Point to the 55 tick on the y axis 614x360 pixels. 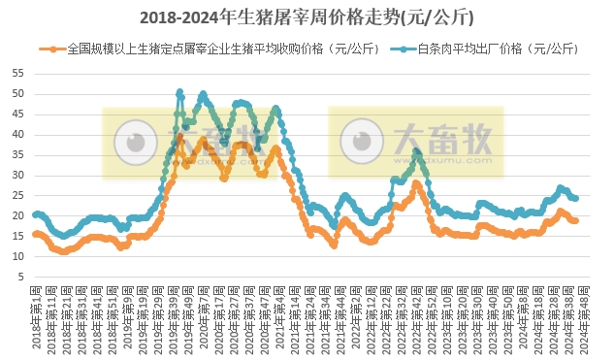click(18, 74)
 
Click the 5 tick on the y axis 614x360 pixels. click(21, 277)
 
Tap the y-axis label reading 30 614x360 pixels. click(18, 176)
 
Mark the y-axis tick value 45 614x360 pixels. click(18, 115)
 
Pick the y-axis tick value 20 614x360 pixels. click(18, 216)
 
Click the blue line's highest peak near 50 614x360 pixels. click(179, 93)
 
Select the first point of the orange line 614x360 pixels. click(35, 234)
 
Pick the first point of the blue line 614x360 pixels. click(35, 214)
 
